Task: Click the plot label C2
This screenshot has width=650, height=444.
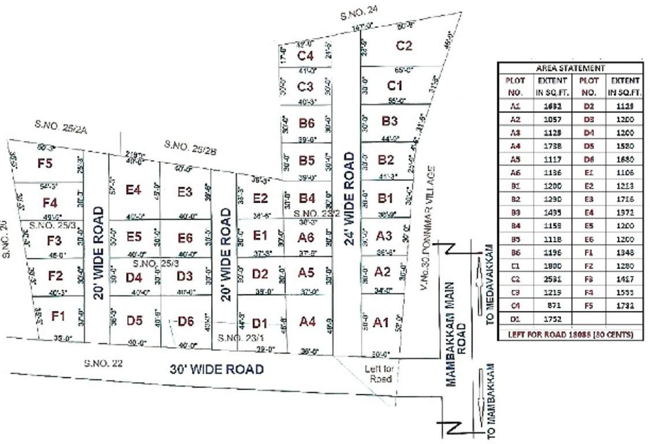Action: (x=404, y=46)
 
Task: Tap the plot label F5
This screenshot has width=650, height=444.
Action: (x=45, y=164)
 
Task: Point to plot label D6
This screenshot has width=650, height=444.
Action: (x=185, y=321)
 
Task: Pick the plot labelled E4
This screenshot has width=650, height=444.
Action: (x=134, y=189)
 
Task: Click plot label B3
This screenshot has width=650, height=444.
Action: (x=390, y=121)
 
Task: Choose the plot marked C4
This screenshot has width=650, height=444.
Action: (x=305, y=56)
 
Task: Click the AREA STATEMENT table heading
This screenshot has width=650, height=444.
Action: (x=570, y=68)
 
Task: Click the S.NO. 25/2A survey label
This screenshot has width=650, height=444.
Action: (x=60, y=127)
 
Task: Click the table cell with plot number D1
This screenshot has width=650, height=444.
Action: (x=515, y=317)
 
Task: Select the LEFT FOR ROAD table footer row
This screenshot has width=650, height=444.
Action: (x=570, y=334)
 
